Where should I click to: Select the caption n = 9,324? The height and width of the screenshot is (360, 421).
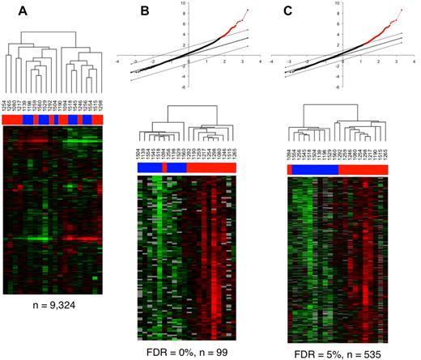tap(53, 306)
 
